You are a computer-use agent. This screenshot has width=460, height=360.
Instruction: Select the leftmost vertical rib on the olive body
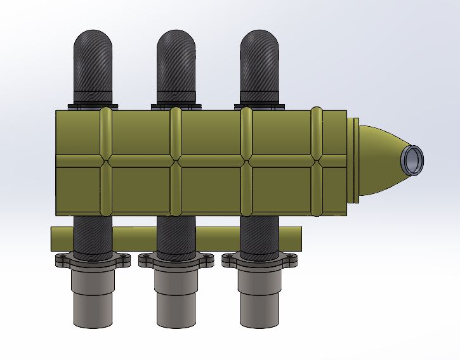point(106,162)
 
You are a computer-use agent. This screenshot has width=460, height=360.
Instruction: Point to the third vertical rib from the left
point(246,162)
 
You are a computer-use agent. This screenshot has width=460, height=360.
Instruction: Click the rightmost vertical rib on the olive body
point(316,162)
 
